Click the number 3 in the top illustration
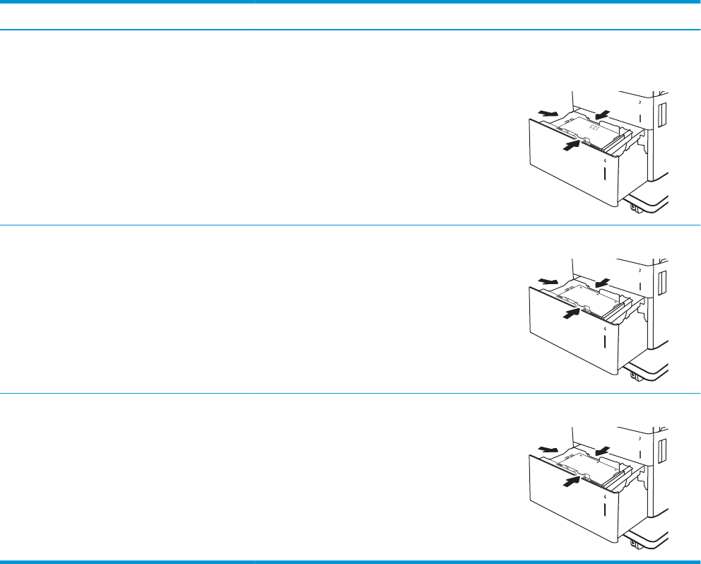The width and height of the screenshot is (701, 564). [x=639, y=102]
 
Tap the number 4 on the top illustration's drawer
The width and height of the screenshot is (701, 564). [x=605, y=161]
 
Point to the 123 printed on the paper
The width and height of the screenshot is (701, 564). [x=596, y=130]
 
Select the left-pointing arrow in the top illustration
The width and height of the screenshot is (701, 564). [x=602, y=115]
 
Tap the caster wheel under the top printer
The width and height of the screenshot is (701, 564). [x=635, y=208]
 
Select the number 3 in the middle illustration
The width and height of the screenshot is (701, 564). [x=639, y=270]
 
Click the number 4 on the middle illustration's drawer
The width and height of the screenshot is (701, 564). [x=605, y=329]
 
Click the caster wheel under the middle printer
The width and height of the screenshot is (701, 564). [x=635, y=376]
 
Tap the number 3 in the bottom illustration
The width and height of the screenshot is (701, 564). [x=639, y=438]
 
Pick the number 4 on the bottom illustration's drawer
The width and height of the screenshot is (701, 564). [x=605, y=497]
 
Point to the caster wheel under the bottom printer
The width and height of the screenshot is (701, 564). [x=635, y=544]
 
